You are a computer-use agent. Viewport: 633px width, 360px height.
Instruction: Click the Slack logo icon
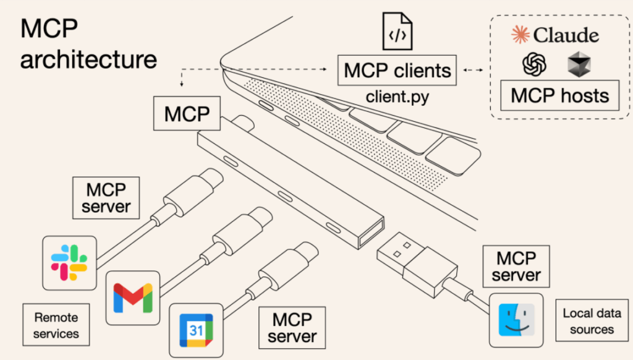click(69, 263)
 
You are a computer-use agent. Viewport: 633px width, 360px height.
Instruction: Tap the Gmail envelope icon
click(133, 298)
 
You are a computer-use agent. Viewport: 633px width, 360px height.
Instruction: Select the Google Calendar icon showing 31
click(196, 330)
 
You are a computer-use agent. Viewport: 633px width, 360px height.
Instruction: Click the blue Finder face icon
click(516, 320)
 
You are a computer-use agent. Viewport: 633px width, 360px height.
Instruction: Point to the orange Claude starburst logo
click(520, 35)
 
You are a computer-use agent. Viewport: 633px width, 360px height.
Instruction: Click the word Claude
click(566, 35)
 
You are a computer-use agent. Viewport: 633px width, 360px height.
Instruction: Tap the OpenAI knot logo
click(534, 64)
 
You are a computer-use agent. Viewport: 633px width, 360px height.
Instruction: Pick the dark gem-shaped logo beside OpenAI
click(579, 64)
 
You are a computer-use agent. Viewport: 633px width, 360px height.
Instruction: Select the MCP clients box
click(397, 71)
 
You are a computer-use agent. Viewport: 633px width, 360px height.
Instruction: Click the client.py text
click(397, 96)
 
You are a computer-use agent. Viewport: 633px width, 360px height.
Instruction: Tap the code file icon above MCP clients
click(397, 31)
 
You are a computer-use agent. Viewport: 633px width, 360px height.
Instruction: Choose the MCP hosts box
click(559, 95)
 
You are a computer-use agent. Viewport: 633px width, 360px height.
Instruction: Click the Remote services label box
click(56, 325)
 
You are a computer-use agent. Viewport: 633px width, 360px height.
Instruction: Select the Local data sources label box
click(592, 320)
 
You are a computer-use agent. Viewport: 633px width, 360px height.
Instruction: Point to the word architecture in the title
click(88, 59)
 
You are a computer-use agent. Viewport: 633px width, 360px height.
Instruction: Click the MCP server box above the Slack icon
click(106, 198)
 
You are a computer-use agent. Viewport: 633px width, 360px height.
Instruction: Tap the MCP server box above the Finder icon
click(516, 266)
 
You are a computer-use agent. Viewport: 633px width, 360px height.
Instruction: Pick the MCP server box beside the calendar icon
click(292, 328)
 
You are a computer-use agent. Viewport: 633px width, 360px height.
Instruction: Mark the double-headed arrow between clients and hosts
click(473, 71)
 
